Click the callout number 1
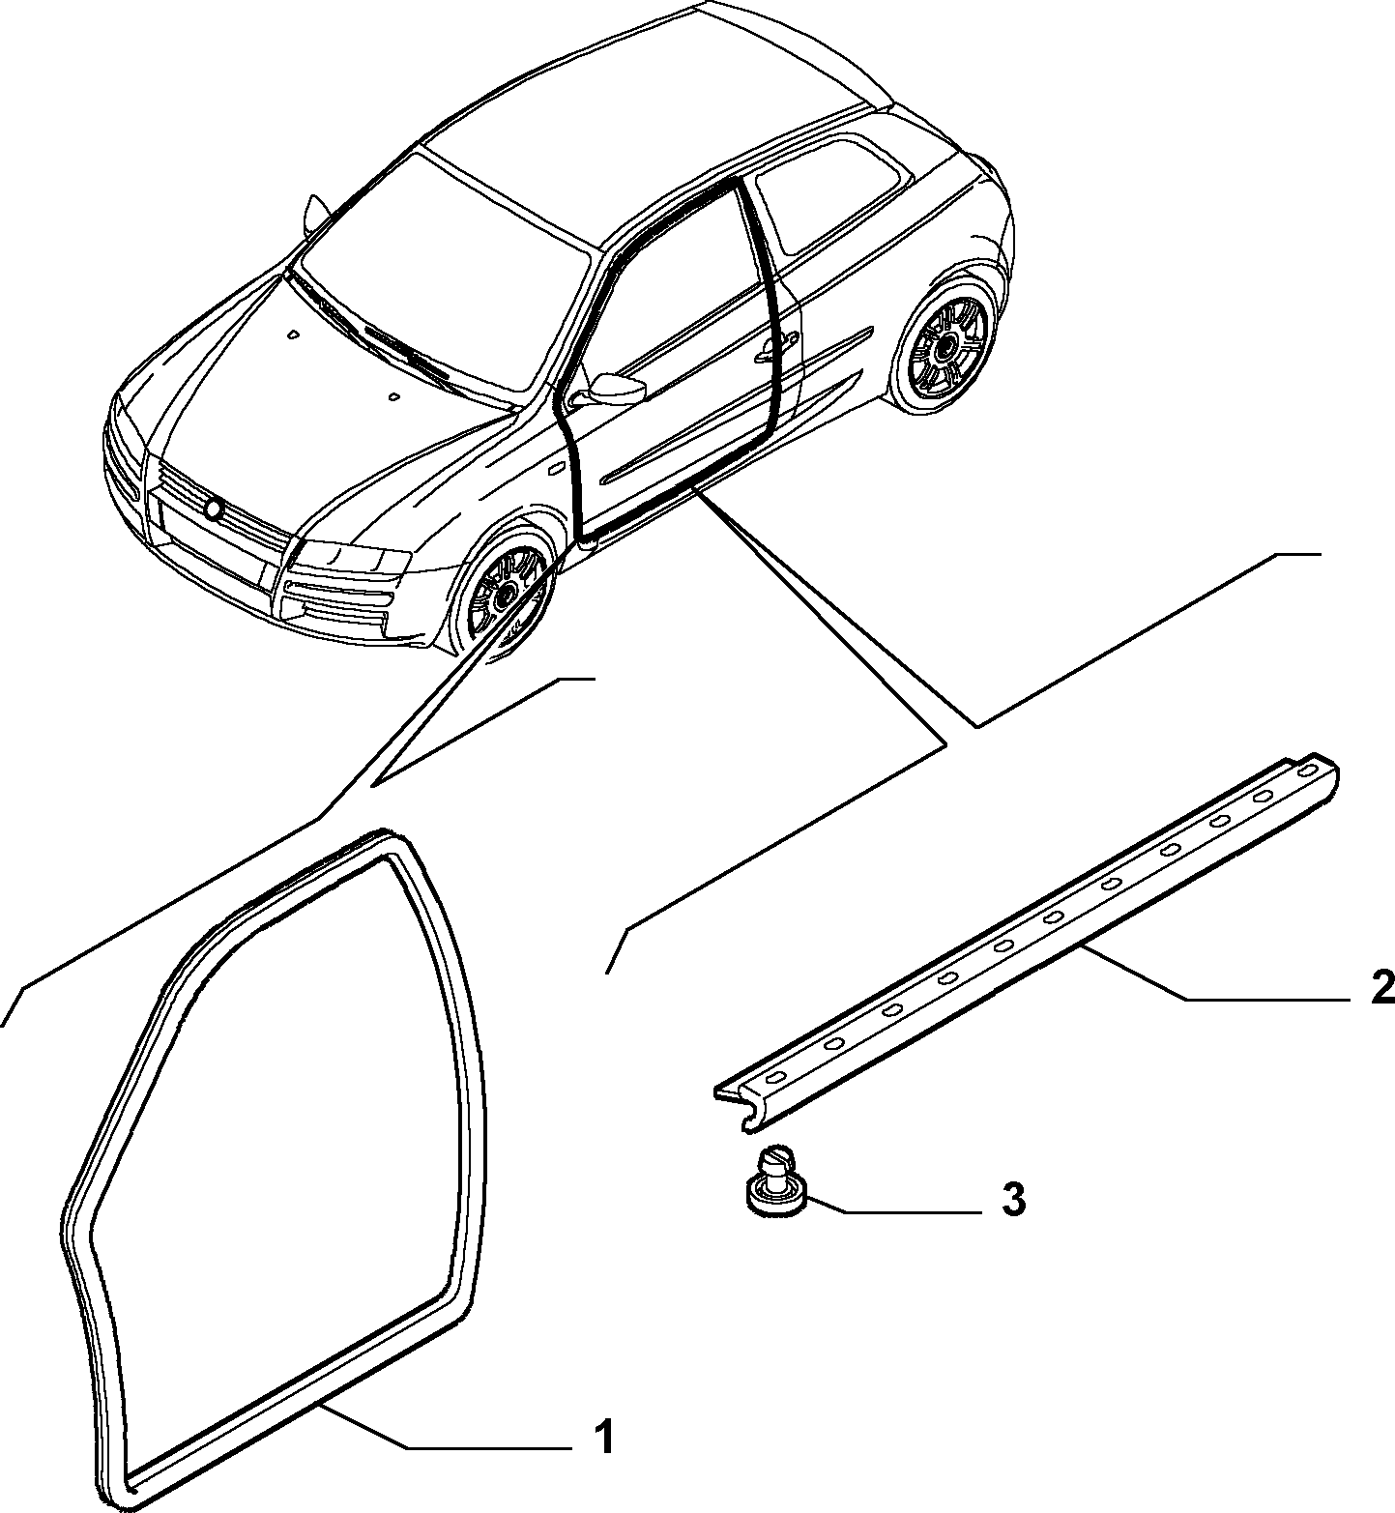click(602, 1114)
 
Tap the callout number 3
click(1011, 1200)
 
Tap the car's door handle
click(779, 343)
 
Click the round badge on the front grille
click(214, 507)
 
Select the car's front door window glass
click(667, 290)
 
